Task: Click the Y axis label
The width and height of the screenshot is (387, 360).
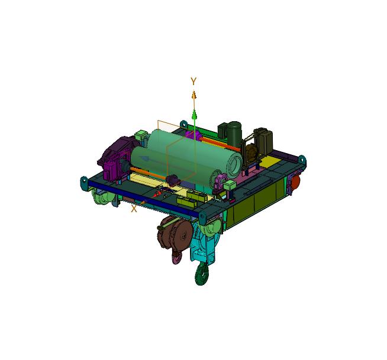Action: point(193,81)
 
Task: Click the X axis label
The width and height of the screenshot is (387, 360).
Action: point(134,209)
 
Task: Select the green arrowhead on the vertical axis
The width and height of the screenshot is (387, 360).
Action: point(195,115)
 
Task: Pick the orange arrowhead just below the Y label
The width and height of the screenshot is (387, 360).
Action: point(194,95)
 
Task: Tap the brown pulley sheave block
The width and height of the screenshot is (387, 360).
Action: point(175,232)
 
